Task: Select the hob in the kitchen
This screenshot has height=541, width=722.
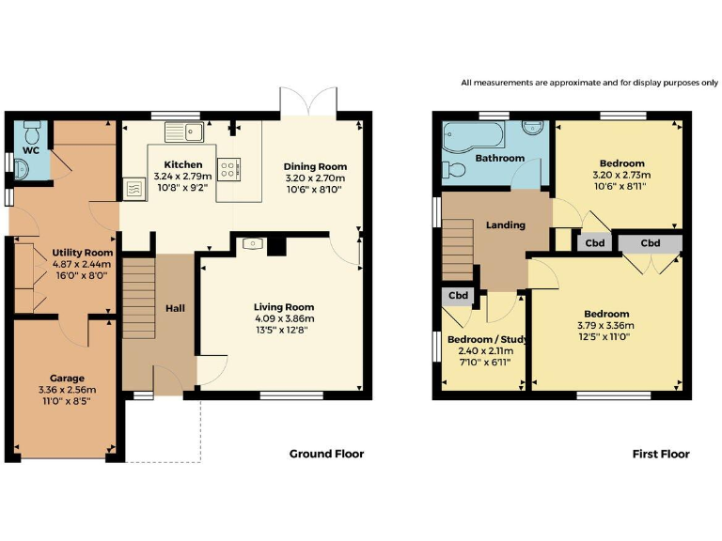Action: [228, 170]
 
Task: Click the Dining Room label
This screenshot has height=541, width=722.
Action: [315, 166]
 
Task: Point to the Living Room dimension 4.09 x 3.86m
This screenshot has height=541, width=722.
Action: [283, 318]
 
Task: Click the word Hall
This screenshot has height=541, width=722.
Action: [176, 307]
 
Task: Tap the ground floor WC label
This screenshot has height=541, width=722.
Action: [30, 150]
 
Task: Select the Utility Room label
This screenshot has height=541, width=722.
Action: [83, 253]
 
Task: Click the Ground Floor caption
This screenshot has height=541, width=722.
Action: [325, 454]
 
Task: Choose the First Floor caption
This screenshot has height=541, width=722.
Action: [660, 454]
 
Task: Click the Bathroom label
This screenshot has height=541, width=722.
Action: [499, 158]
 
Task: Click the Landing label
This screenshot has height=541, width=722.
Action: [505, 225]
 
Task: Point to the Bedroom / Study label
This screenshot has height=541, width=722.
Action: [486, 339]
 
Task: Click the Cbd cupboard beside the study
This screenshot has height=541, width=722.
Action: [458, 296]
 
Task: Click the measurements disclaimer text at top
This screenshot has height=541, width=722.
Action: [589, 83]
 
